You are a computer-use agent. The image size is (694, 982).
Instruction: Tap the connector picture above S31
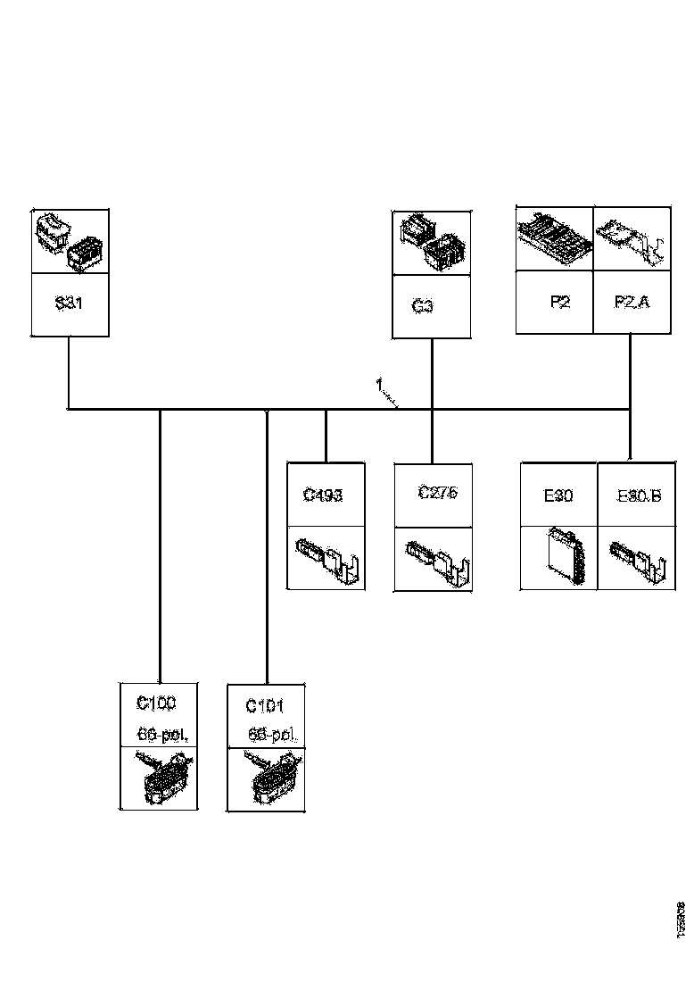(70, 242)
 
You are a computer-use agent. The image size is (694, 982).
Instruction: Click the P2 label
(559, 302)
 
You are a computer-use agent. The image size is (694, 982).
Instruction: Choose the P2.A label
(632, 302)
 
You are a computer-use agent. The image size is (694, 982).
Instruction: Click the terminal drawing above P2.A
(632, 239)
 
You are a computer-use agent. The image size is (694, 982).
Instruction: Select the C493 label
(322, 495)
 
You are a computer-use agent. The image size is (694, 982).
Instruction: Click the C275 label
(438, 493)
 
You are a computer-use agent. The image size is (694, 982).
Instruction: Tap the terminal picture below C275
(434, 561)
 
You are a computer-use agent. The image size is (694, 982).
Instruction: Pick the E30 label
(558, 495)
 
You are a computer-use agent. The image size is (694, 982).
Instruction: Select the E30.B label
(639, 495)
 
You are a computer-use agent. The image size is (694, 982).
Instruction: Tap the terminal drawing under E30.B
(637, 559)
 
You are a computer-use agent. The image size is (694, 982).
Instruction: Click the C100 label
(156, 703)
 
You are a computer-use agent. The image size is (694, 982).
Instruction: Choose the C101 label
(265, 706)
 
